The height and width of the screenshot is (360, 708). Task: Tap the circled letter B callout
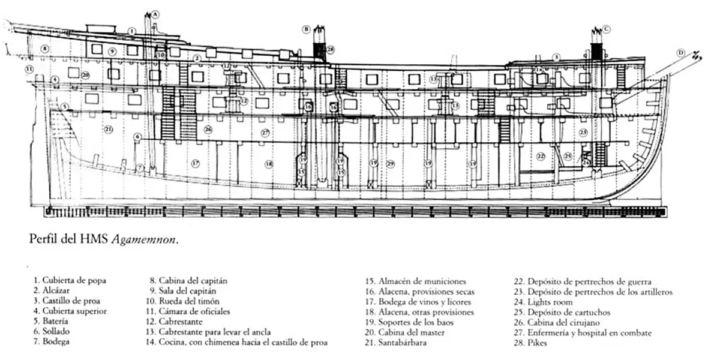point(306,29)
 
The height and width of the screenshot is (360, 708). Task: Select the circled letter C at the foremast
point(607,28)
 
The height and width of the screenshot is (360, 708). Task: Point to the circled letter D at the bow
point(680,53)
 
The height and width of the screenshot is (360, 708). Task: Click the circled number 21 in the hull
point(109,129)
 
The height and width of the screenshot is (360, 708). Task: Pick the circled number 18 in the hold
point(269,163)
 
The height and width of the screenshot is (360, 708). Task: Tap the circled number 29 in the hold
point(391,163)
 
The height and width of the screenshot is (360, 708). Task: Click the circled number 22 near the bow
point(541,156)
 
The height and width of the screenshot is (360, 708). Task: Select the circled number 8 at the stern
point(45,49)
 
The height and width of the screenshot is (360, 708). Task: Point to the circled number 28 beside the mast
point(331,49)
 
